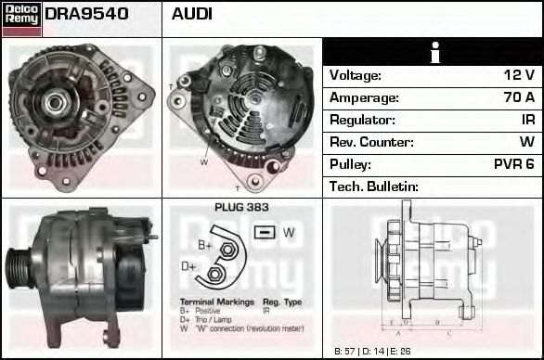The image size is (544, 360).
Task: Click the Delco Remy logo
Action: coord(21,17)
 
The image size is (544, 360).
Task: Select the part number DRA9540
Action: coord(86,15)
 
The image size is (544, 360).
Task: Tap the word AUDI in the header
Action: coord(192,15)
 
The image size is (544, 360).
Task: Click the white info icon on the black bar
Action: coord(434,53)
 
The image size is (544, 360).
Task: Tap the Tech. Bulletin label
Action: coord(374,187)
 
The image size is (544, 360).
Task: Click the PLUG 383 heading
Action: coord(240,208)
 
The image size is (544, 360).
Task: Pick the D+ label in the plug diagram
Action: coord(188,267)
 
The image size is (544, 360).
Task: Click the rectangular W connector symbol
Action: coord(265,232)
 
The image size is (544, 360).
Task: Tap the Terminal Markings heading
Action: coord(211,302)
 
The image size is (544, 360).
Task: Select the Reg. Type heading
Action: coord(282,302)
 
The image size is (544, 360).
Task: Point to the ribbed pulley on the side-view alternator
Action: coord(19,270)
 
